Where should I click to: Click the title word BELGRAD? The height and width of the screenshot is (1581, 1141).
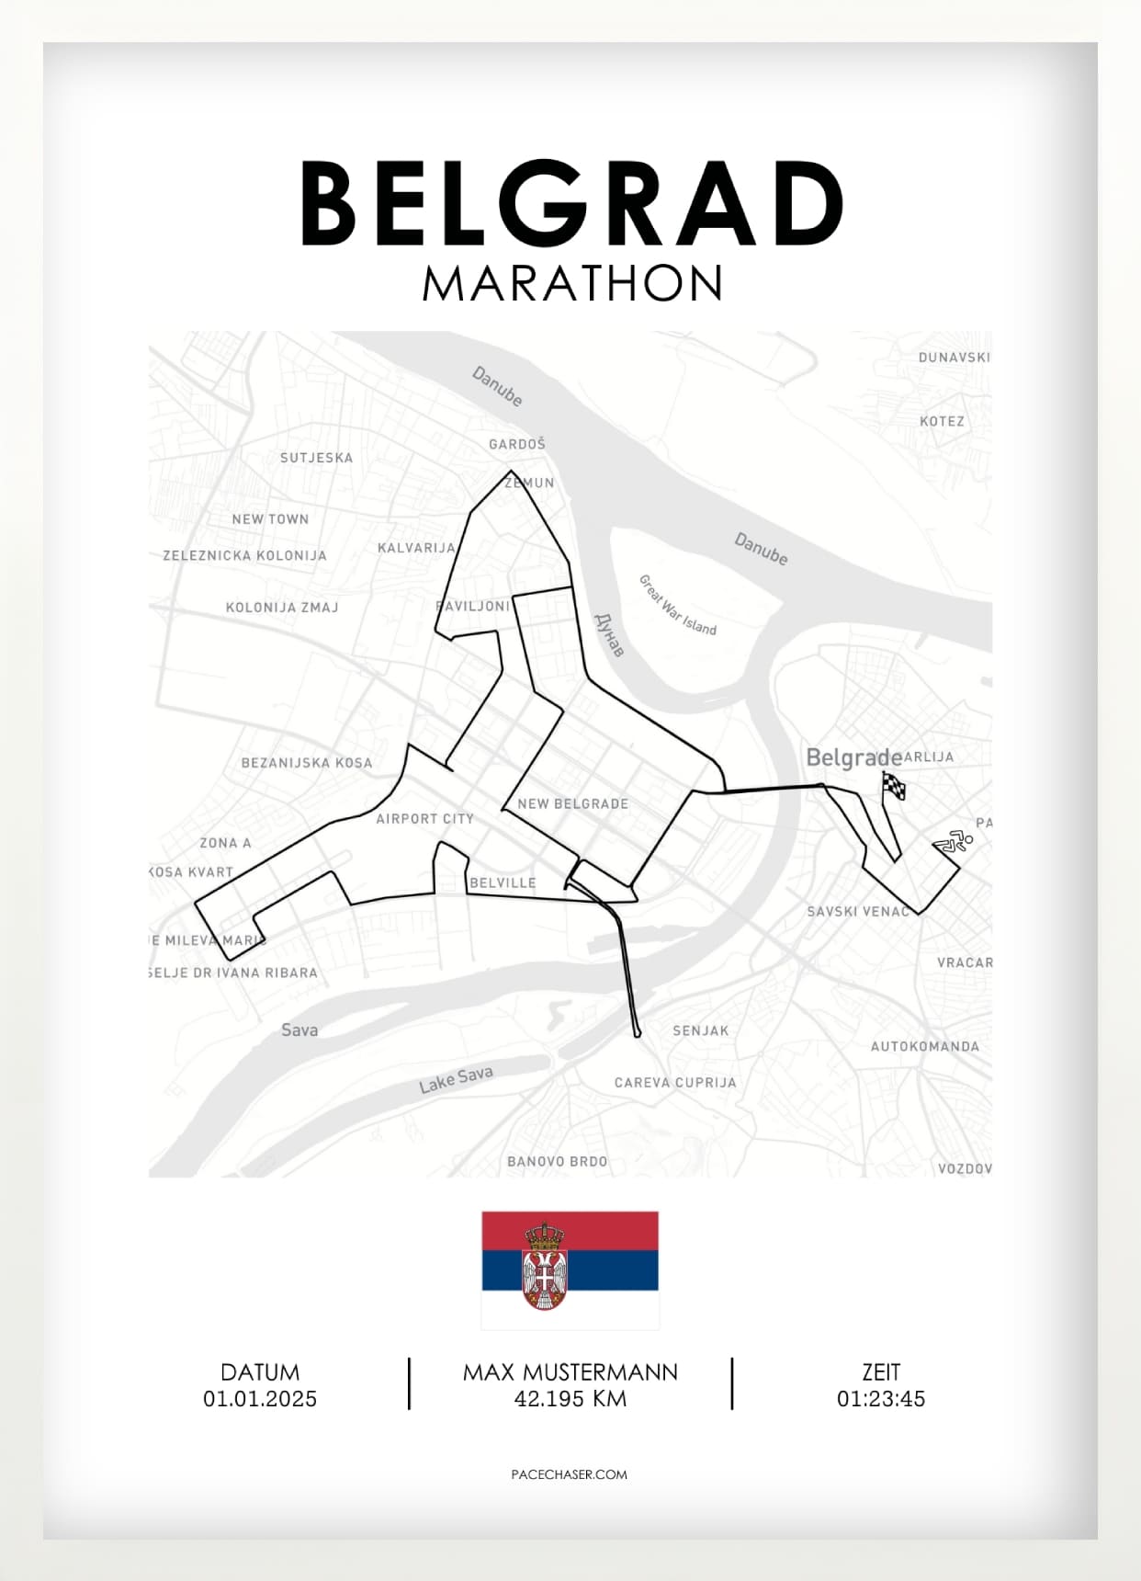(571, 203)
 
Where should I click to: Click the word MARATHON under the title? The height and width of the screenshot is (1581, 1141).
(571, 283)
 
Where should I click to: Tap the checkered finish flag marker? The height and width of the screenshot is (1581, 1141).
(893, 787)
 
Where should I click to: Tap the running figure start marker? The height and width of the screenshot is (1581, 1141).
(953, 841)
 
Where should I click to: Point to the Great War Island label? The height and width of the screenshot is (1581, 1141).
(677, 605)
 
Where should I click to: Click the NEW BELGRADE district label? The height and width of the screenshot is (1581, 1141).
(573, 803)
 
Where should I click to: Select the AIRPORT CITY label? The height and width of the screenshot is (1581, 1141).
(424, 818)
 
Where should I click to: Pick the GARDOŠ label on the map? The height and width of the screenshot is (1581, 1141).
(517, 444)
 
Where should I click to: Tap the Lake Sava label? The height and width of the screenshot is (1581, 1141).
(456, 1079)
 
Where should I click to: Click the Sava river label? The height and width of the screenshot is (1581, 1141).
(299, 1029)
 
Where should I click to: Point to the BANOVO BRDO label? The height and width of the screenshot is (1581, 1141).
(558, 1161)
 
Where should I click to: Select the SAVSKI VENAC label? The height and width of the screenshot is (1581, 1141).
(858, 911)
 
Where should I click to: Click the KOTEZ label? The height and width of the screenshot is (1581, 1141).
(942, 421)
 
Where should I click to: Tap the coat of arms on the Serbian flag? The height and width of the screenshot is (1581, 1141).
(544, 1267)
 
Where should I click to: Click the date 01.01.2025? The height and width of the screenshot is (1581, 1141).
(260, 1399)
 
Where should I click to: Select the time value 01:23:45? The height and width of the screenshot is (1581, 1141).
(880, 1399)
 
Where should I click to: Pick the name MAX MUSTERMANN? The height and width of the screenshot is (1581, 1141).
(570, 1372)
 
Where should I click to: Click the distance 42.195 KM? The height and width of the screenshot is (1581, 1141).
(570, 1399)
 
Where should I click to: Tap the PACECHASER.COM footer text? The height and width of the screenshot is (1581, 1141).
(569, 1474)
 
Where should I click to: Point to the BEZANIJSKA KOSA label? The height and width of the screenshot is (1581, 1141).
(307, 762)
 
